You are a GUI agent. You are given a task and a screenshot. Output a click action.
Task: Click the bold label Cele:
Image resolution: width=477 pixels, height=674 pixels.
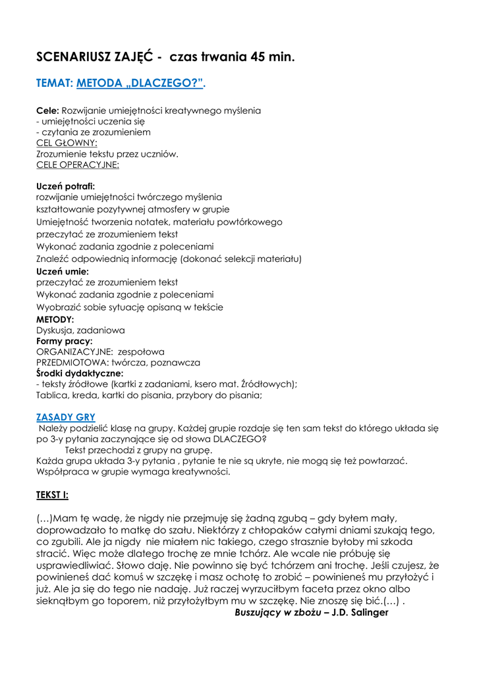48,110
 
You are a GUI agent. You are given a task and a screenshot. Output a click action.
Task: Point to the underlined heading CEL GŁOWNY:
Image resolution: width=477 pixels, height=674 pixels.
67,143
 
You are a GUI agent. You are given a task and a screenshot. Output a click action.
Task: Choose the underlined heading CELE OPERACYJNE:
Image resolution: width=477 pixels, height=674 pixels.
78,165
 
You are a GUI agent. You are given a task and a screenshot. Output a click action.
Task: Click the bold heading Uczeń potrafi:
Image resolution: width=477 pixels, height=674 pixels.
65,186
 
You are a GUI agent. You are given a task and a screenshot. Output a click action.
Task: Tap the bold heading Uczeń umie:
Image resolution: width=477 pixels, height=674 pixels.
62,271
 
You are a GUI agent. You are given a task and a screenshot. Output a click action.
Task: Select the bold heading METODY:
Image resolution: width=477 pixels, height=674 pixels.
55,319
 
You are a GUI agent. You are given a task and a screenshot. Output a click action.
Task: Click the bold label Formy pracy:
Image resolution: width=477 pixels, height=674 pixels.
64,341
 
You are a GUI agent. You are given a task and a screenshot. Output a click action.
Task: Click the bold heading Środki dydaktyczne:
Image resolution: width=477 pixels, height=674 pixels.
80,373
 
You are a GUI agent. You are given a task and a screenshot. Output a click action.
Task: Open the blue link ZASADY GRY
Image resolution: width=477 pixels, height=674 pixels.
65,417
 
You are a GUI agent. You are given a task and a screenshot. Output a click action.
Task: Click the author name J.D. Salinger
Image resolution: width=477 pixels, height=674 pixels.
363,612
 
